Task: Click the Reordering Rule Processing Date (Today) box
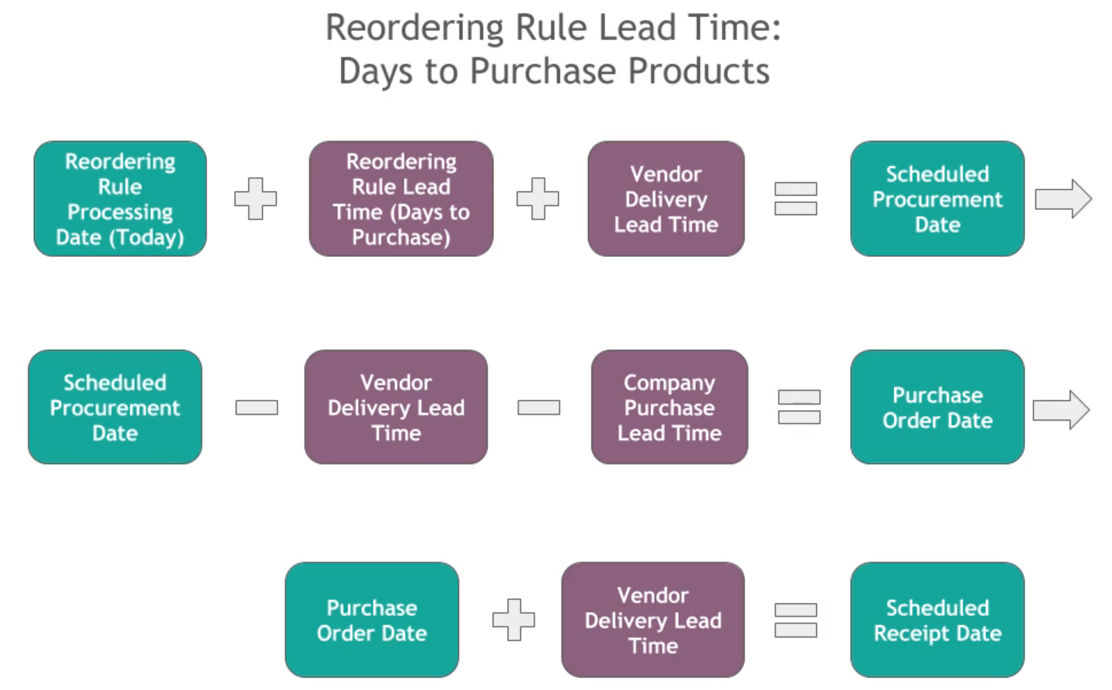pos(120,199)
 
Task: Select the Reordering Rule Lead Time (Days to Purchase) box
pos(401,199)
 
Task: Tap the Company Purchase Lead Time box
pos(669,407)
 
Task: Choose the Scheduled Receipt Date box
pos(937,620)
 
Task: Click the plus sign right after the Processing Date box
pos(255,199)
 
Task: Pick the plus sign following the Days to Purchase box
pos(538,199)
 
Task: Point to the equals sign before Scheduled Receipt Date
pos(795,620)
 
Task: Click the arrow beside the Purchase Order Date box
pos(1061,410)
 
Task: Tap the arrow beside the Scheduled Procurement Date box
pos(1062,199)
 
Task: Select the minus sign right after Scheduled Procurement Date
pos(256,407)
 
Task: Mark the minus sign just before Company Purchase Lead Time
pos(538,407)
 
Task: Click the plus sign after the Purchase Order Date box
pos(513,620)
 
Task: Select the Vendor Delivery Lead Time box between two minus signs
pos(395,407)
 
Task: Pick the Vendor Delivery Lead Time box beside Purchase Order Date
pos(652,620)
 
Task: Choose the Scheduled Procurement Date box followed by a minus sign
pos(115,407)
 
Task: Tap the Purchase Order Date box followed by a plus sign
pos(372,620)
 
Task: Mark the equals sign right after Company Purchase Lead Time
pos(799,407)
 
